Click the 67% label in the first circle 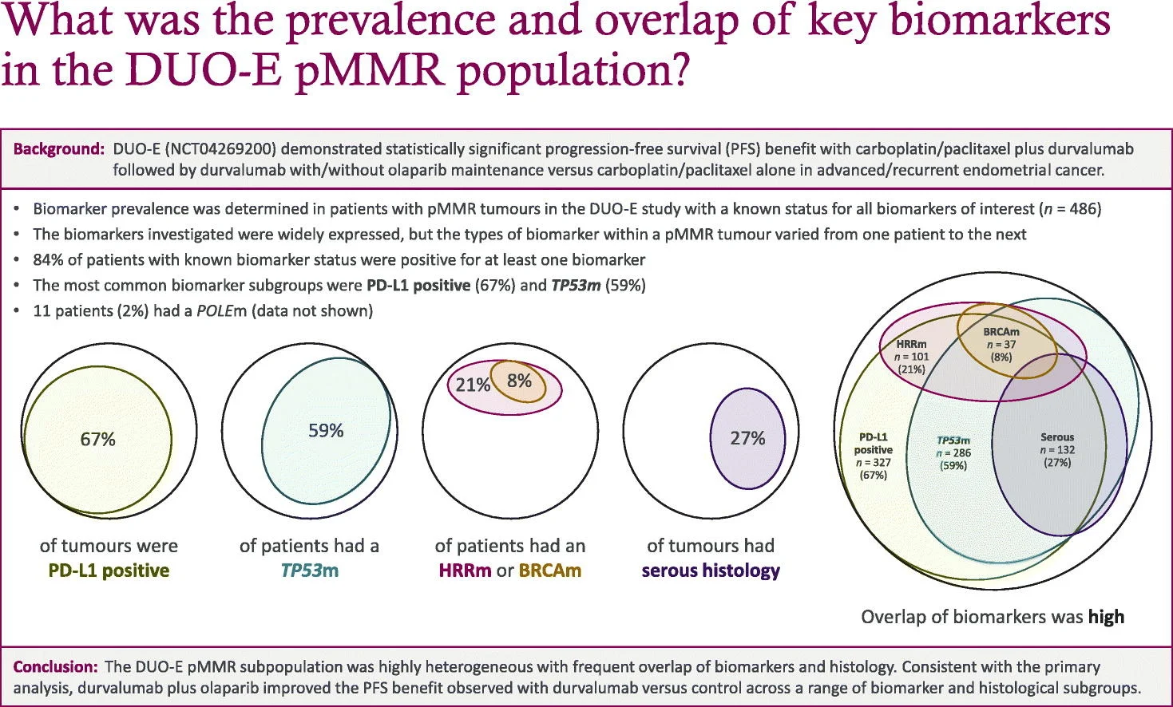97,439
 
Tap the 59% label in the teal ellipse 326,431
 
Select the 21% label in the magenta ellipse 472,385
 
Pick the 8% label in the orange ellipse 519,381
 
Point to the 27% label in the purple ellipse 747,438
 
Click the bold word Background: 58,149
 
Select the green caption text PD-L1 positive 109,571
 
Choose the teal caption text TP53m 309,571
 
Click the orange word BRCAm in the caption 549,571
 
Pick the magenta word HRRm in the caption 465,571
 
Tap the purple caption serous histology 711,571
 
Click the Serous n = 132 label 1057,449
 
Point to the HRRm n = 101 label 911,356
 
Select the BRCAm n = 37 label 1001,344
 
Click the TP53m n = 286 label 953,452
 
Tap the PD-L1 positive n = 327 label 873,456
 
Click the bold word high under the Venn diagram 1106,617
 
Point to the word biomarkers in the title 1000,22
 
